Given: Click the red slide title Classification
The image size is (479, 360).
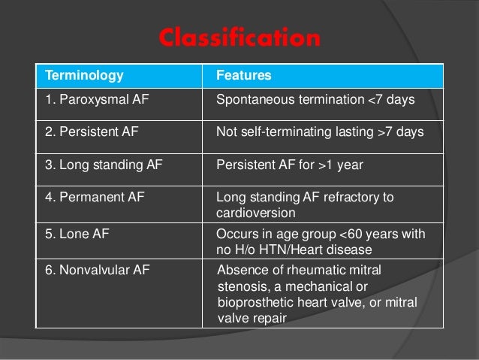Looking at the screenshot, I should pos(239,38).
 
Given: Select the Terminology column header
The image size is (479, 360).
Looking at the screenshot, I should pos(84,76).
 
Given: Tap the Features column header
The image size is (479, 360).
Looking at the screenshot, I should pos(243,76).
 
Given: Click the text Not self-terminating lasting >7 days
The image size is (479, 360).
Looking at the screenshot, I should pos(319,132).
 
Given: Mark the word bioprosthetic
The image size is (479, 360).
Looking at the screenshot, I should pos(254,304).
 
